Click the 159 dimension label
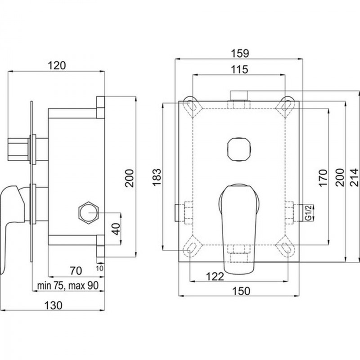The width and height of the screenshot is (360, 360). (x=240, y=53)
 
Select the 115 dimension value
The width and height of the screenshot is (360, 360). (x=239, y=69)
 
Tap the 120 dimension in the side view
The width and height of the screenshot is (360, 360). (x=57, y=66)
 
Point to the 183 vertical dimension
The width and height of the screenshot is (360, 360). (x=157, y=177)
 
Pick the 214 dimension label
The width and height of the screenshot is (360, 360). (x=354, y=177)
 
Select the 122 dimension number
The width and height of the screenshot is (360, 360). (x=215, y=277)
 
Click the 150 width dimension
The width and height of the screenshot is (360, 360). (x=241, y=291)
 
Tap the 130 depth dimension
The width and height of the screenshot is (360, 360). (x=53, y=306)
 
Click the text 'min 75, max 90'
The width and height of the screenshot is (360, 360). (x=68, y=286)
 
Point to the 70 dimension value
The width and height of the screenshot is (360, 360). (x=76, y=271)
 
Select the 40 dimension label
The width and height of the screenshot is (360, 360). (x=117, y=229)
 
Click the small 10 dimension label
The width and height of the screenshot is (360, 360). (x=99, y=268)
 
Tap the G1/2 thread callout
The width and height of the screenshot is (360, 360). (x=309, y=213)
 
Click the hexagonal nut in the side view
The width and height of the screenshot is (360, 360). (x=88, y=213)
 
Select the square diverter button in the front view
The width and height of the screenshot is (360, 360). (x=239, y=149)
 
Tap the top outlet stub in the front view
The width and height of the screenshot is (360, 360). (x=239, y=95)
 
